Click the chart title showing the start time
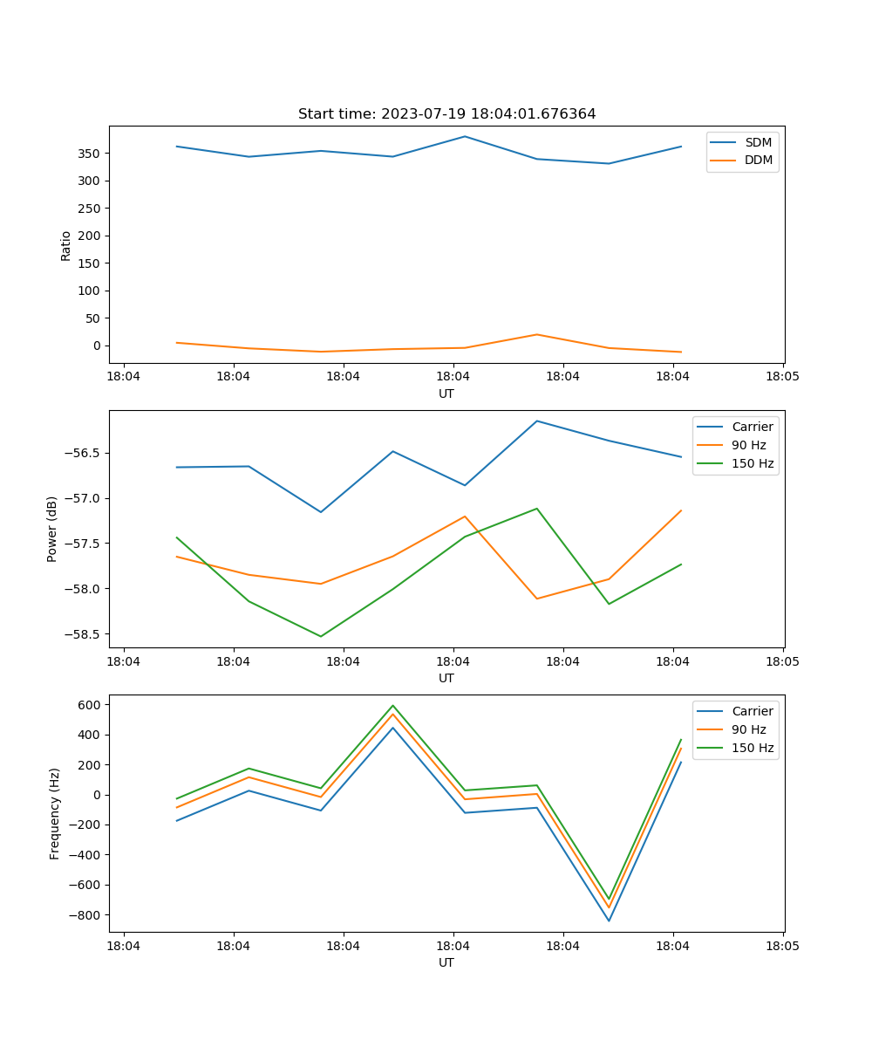[446, 114]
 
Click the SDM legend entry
[758, 142]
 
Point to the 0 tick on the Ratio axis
[97, 346]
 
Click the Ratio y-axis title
[65, 245]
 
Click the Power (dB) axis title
[52, 529]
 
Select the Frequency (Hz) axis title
[54, 813]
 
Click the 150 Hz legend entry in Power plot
[753, 463]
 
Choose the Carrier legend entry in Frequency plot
[753, 711]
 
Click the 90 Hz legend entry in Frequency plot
[749, 729]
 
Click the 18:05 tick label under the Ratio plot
[782, 377]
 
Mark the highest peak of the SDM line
[465, 136]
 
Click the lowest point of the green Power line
[320, 636]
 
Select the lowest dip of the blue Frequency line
[609, 920]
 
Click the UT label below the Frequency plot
[446, 962]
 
